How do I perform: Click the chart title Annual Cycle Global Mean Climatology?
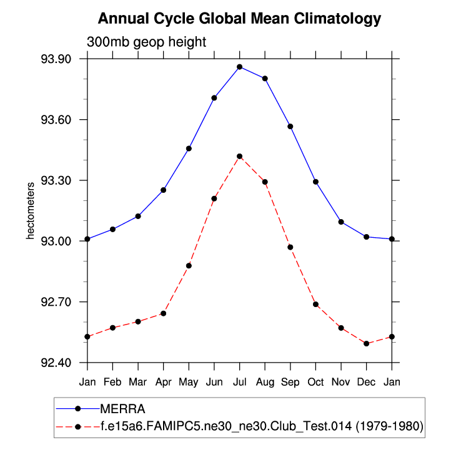(239, 19)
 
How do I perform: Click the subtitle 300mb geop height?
(146, 42)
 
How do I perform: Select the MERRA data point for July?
(239, 67)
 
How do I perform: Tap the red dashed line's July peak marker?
(239, 156)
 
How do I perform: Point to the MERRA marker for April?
(163, 190)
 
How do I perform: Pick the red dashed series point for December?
(366, 343)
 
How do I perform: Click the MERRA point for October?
(315, 182)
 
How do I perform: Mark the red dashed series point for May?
(189, 266)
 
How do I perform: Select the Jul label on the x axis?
(239, 381)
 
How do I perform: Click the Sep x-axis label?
(290, 381)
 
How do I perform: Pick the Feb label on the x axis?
(112, 381)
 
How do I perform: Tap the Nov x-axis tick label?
(341, 381)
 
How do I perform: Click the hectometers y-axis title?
(29, 211)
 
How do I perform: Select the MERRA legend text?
(122, 409)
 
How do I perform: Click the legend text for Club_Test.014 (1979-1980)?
(262, 426)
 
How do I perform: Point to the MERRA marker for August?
(265, 79)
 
